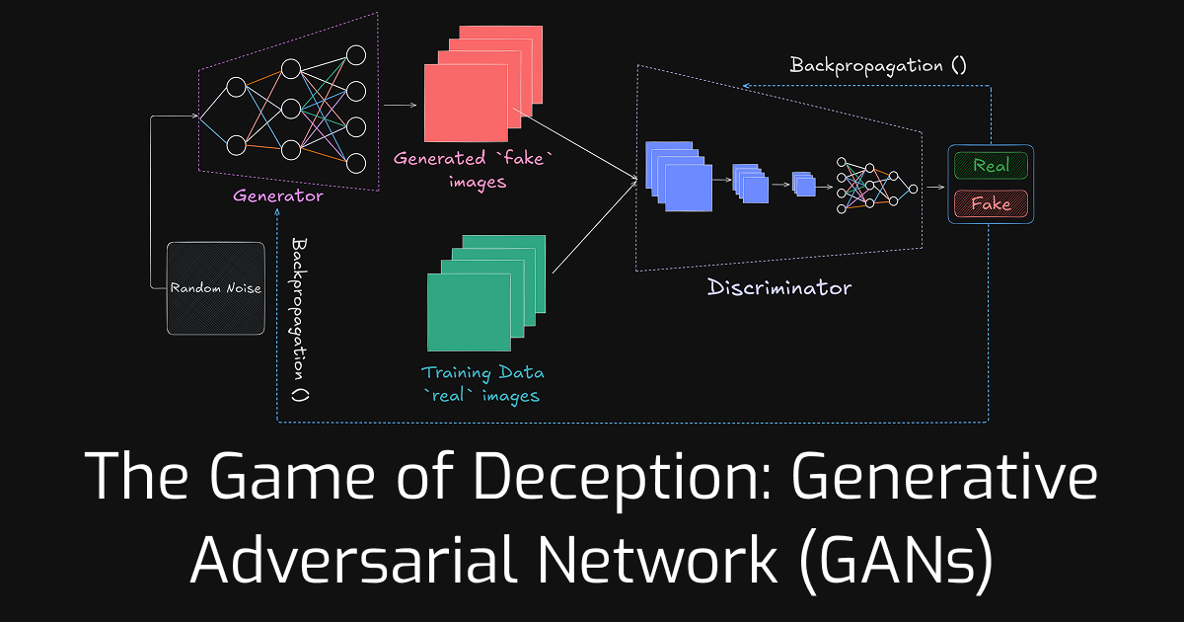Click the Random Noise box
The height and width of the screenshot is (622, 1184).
(x=216, y=288)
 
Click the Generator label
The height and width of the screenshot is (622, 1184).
(x=278, y=195)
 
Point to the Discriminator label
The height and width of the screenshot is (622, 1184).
(x=779, y=288)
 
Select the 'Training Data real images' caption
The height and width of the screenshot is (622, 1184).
(x=482, y=384)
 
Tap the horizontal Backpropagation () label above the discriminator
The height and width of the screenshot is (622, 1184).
(x=878, y=66)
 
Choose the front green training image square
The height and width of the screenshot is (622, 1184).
(x=468, y=312)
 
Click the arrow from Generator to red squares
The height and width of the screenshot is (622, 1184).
(x=399, y=104)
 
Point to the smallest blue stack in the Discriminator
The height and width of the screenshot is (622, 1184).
(x=806, y=185)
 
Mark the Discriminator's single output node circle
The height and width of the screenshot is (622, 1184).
(x=913, y=188)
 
